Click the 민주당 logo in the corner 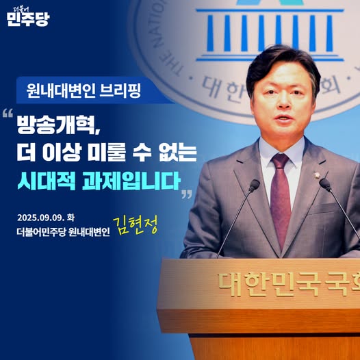coord(28,16)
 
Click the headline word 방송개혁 coord(57,125)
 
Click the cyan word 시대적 coord(47,181)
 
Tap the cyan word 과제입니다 coord(131,181)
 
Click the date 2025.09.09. coord(40,218)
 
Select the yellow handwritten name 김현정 coord(136,225)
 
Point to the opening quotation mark coord(8,113)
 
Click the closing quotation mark coord(187,194)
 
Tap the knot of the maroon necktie coord(281,160)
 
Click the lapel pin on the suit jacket coord(318,175)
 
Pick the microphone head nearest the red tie coord(255,185)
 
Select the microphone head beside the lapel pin coord(325,185)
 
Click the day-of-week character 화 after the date coord(70,218)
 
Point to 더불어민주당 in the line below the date coord(41,232)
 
